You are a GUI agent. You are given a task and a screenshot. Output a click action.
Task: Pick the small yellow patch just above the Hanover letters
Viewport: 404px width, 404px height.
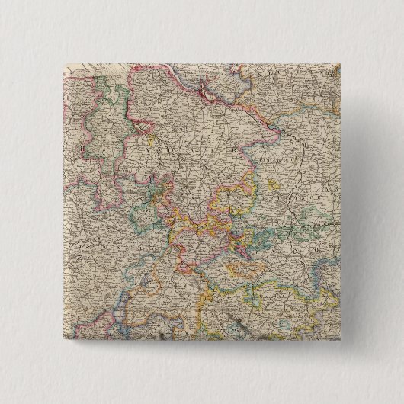152,140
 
